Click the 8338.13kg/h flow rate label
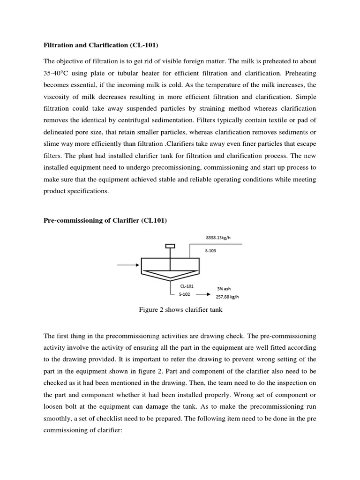[218, 237]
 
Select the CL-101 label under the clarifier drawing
[186, 285]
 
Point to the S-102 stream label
[185, 294]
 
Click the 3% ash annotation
[223, 288]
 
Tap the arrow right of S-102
[202, 295]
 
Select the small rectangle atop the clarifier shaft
[170, 246]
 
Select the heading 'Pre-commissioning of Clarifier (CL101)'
[105, 221]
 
